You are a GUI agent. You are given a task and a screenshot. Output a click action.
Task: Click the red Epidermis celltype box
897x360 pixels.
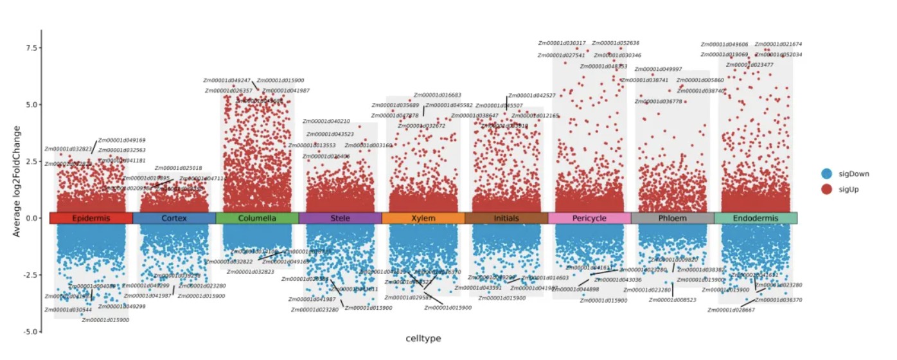[91, 218]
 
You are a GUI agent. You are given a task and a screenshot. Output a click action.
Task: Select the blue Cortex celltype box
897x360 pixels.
[174, 218]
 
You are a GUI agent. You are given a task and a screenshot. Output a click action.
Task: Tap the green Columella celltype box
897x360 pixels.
[257, 218]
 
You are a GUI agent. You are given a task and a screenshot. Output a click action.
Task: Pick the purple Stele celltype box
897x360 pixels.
[340, 218]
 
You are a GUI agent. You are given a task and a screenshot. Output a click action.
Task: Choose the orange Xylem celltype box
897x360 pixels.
[423, 218]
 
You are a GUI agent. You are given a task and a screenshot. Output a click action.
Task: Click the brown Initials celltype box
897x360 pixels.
[506, 218]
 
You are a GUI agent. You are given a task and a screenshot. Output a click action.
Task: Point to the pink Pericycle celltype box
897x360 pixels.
[589, 218]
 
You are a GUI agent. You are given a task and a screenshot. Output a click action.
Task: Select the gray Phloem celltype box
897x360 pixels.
[672, 218]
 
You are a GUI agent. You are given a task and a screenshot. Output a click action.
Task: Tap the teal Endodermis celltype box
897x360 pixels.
[756, 218]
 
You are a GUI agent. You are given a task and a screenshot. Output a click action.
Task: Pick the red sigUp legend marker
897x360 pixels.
[827, 189]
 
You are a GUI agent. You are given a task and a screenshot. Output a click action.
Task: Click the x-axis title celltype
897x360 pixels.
[423, 338]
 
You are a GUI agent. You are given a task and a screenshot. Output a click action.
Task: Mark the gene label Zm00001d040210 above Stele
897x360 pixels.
[326, 122]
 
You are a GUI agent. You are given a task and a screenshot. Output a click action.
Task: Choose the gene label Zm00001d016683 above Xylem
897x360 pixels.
[437, 95]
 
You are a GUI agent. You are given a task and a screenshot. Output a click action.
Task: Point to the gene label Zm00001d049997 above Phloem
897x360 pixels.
[658, 69]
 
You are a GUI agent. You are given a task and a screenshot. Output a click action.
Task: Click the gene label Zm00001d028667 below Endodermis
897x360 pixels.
[731, 310]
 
